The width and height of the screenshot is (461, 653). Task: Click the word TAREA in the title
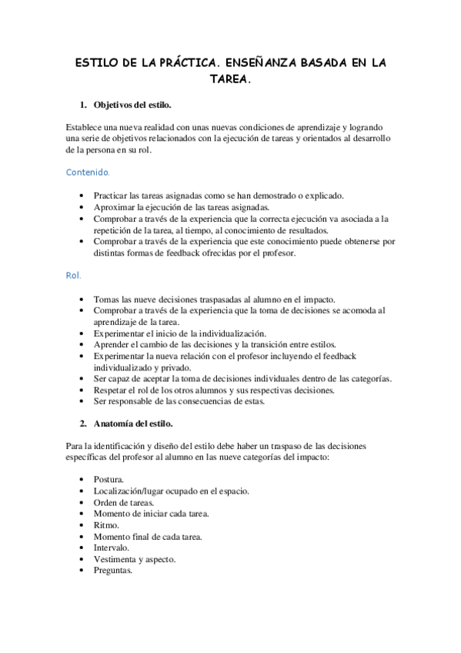229,79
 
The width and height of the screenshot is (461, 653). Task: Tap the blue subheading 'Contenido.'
88,172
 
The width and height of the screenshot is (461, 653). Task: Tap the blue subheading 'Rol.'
74,275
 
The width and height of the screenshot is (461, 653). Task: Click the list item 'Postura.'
111,479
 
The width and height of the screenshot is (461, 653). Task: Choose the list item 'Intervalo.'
112,548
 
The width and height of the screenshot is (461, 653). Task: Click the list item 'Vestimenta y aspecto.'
134,559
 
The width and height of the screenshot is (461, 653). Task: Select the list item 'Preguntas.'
114,571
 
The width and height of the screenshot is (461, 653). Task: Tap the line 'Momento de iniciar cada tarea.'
151,513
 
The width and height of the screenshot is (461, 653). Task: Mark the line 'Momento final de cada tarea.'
148,536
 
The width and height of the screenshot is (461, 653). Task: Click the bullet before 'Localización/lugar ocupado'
82,491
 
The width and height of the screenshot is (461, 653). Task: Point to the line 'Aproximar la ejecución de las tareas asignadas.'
181,207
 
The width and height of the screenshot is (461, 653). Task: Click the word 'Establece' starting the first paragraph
83,126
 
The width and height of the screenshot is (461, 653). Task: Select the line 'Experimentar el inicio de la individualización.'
179,333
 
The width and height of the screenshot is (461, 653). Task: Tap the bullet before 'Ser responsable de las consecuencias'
82,402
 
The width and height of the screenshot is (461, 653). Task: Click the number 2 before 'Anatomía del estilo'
83,423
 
